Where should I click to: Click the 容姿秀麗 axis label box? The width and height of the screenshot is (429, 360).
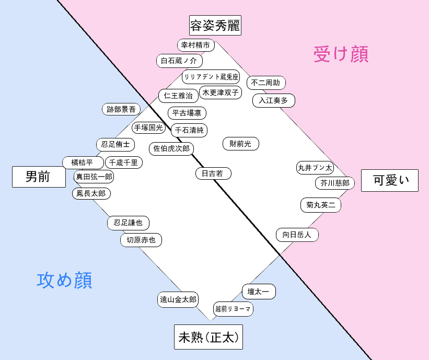[x=215, y=26]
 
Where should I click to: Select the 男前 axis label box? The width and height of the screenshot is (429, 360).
[x=39, y=177]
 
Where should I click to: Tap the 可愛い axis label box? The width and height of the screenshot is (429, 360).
[x=390, y=181]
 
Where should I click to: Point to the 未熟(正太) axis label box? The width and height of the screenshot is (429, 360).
[x=208, y=337]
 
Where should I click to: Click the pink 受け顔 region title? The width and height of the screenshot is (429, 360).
[x=341, y=54]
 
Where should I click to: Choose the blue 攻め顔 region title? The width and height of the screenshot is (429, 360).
[x=65, y=280]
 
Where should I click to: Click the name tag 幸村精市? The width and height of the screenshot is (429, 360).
[x=196, y=45]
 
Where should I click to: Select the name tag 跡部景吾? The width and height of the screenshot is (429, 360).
[x=121, y=109]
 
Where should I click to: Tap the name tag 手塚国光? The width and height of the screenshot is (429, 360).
[x=148, y=128]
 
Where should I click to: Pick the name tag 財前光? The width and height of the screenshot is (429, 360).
[x=241, y=144]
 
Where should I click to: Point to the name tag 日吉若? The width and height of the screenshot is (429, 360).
[x=213, y=173]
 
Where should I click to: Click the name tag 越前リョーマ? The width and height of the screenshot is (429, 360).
[x=233, y=309]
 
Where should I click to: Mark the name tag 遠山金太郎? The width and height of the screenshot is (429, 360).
[x=178, y=299]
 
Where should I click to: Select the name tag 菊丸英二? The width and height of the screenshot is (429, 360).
[x=321, y=205]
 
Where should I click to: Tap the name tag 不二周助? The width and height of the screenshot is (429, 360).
[x=266, y=83]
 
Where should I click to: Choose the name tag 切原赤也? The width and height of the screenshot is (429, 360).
[x=141, y=240]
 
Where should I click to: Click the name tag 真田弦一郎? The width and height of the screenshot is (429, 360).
[x=94, y=177]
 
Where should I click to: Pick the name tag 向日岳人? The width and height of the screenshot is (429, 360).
[x=297, y=235]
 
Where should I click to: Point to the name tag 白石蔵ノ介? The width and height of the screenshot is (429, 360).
[x=179, y=61]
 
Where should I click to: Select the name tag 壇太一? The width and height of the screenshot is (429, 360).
[x=259, y=292]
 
